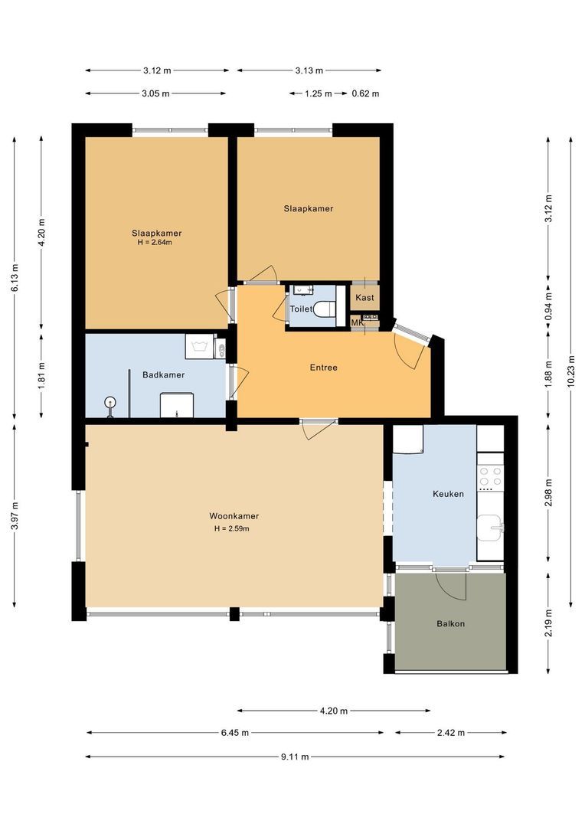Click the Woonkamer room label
234,516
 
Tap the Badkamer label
164,375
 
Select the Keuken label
448,494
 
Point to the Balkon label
450,623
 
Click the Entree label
323,368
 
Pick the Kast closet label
364,297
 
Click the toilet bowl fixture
325,309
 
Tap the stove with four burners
490,478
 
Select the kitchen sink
490,528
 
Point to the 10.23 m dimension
571,372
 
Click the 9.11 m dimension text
295,757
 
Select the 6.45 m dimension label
235,733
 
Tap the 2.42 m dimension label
452,733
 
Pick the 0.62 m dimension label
365,94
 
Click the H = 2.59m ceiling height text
231,528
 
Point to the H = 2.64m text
155,243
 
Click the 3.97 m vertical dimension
15,515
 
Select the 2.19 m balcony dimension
548,623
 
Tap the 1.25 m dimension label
318,94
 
